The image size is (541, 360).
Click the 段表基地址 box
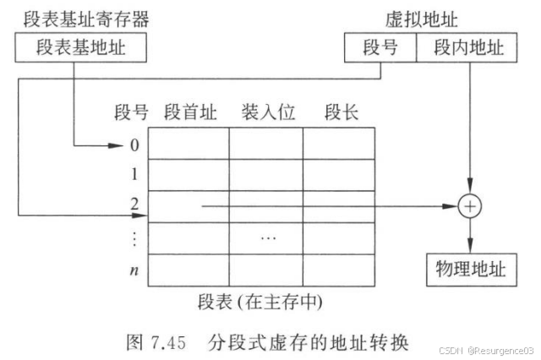tap(80, 49)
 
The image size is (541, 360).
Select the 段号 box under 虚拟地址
tap(380, 49)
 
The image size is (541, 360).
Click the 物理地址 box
tap(470, 270)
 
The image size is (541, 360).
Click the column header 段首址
tap(190, 113)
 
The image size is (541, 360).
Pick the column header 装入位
tap(267, 113)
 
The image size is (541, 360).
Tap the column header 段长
tap(342, 113)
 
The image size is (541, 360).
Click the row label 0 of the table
tap(134, 145)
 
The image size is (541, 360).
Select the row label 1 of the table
tap(134, 175)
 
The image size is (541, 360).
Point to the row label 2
tap(134, 205)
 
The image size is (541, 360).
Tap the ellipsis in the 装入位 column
tap(267, 237)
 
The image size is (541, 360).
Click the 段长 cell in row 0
tap(338, 144)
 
